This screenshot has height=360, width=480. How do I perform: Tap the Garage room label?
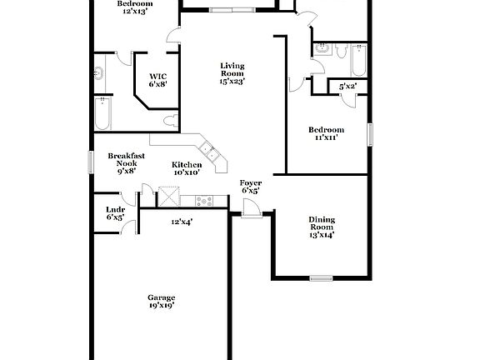[161, 302]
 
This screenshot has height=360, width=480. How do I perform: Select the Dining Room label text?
[322, 227]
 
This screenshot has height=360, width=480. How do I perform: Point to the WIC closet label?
[158, 80]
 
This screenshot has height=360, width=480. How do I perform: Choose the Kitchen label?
[186, 169]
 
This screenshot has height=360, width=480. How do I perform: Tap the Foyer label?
[250, 187]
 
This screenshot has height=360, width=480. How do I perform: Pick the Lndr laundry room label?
[115, 213]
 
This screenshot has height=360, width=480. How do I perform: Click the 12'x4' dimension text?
[182, 222]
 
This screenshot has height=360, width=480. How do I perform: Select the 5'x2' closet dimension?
[347, 86]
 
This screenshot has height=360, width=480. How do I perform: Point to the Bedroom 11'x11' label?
[326, 134]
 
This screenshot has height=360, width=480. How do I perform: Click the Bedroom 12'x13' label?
[134, 7]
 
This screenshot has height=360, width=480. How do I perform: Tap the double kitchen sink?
[207, 153]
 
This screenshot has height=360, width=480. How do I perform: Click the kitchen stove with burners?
[204, 200]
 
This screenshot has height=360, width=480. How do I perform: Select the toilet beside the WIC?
[172, 123]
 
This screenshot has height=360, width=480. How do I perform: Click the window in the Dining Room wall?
[321, 277]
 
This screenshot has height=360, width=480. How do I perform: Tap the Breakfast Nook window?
[92, 162]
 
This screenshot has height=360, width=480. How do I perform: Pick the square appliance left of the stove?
[171, 197]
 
